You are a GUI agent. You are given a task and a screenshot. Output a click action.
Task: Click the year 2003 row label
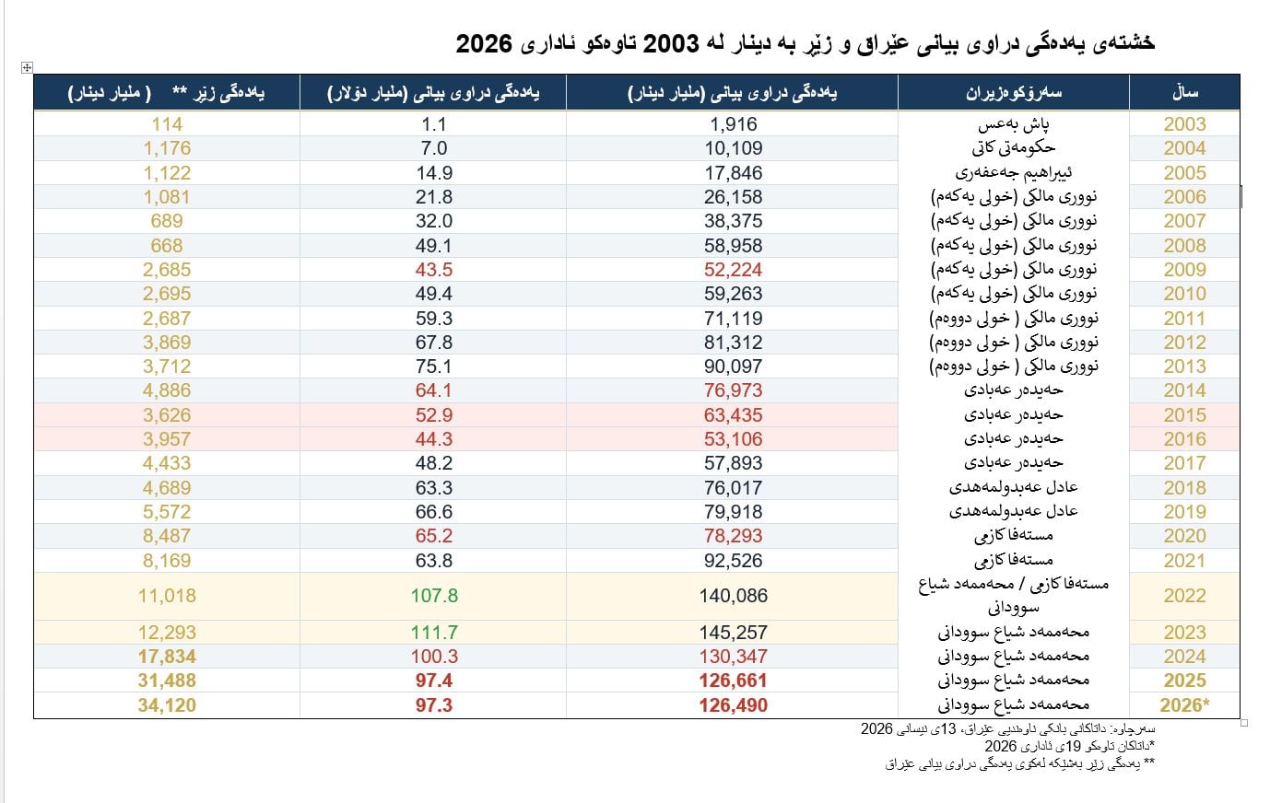(x=1184, y=124)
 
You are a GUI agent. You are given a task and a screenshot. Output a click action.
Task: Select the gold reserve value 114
(x=167, y=124)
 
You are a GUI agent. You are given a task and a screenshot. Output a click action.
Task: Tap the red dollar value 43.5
(x=434, y=270)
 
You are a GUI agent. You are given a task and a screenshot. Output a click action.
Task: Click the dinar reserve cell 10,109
(x=734, y=148)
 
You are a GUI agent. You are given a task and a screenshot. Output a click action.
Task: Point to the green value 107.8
(x=434, y=596)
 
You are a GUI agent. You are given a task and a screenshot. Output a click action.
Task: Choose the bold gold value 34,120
(x=167, y=705)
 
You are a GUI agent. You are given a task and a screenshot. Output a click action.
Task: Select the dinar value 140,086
(x=734, y=596)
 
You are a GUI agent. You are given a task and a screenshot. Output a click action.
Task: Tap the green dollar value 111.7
(x=434, y=633)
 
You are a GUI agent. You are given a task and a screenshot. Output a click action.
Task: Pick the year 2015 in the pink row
(x=1184, y=415)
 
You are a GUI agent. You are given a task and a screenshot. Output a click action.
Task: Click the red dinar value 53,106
(x=734, y=439)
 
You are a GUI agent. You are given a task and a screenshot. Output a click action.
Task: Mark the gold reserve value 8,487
(x=167, y=536)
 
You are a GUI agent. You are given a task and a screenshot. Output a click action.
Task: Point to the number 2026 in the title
(x=485, y=43)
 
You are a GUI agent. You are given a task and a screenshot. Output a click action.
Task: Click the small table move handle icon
(x=27, y=67)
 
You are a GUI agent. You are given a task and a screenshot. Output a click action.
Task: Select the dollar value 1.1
(x=434, y=124)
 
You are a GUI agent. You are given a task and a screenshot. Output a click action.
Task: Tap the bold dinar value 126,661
(x=734, y=681)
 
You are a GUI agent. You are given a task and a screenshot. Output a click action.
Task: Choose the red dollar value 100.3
(x=434, y=657)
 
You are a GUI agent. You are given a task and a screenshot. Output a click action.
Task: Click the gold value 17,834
(x=167, y=657)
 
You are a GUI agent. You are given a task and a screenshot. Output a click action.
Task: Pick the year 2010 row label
(x=1184, y=294)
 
